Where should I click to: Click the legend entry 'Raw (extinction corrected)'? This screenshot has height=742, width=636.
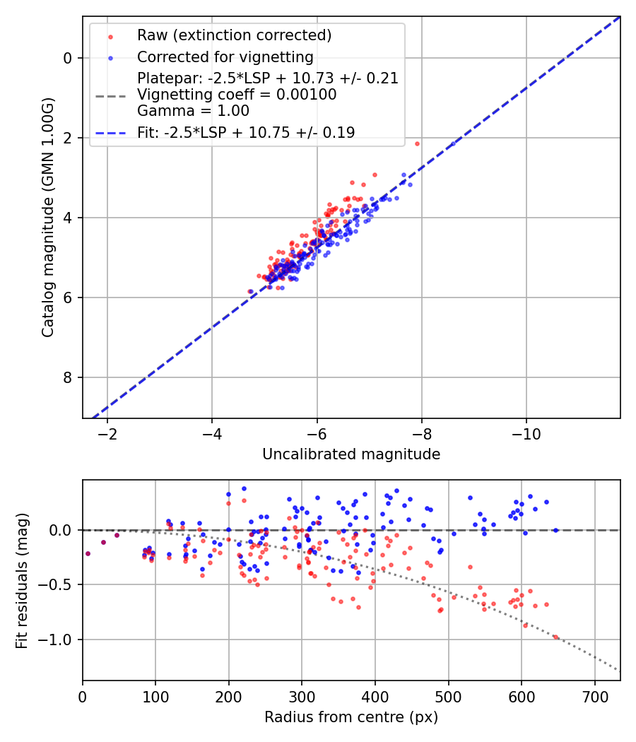(234, 35)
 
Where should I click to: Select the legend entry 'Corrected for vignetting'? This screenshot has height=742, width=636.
(225, 57)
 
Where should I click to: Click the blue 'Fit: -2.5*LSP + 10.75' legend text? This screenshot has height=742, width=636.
(246, 133)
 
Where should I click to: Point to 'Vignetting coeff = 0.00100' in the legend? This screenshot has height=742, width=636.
(237, 95)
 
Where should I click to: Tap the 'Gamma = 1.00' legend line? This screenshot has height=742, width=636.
(193, 111)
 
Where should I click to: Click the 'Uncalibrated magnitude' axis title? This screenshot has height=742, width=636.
(351, 454)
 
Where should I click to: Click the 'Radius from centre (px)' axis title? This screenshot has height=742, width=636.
(351, 717)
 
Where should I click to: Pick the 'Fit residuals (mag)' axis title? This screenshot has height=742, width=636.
(22, 580)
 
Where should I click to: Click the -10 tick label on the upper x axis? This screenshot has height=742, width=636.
(526, 432)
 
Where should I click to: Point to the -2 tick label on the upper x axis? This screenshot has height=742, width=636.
(107, 432)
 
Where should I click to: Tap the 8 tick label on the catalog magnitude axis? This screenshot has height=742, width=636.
(69, 377)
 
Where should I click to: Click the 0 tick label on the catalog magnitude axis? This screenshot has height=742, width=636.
(69, 58)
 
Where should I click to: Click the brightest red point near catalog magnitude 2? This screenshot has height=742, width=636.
(417, 143)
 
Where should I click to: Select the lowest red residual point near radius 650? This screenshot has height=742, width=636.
(457, 637)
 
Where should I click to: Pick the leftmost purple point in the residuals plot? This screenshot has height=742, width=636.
(88, 553)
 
